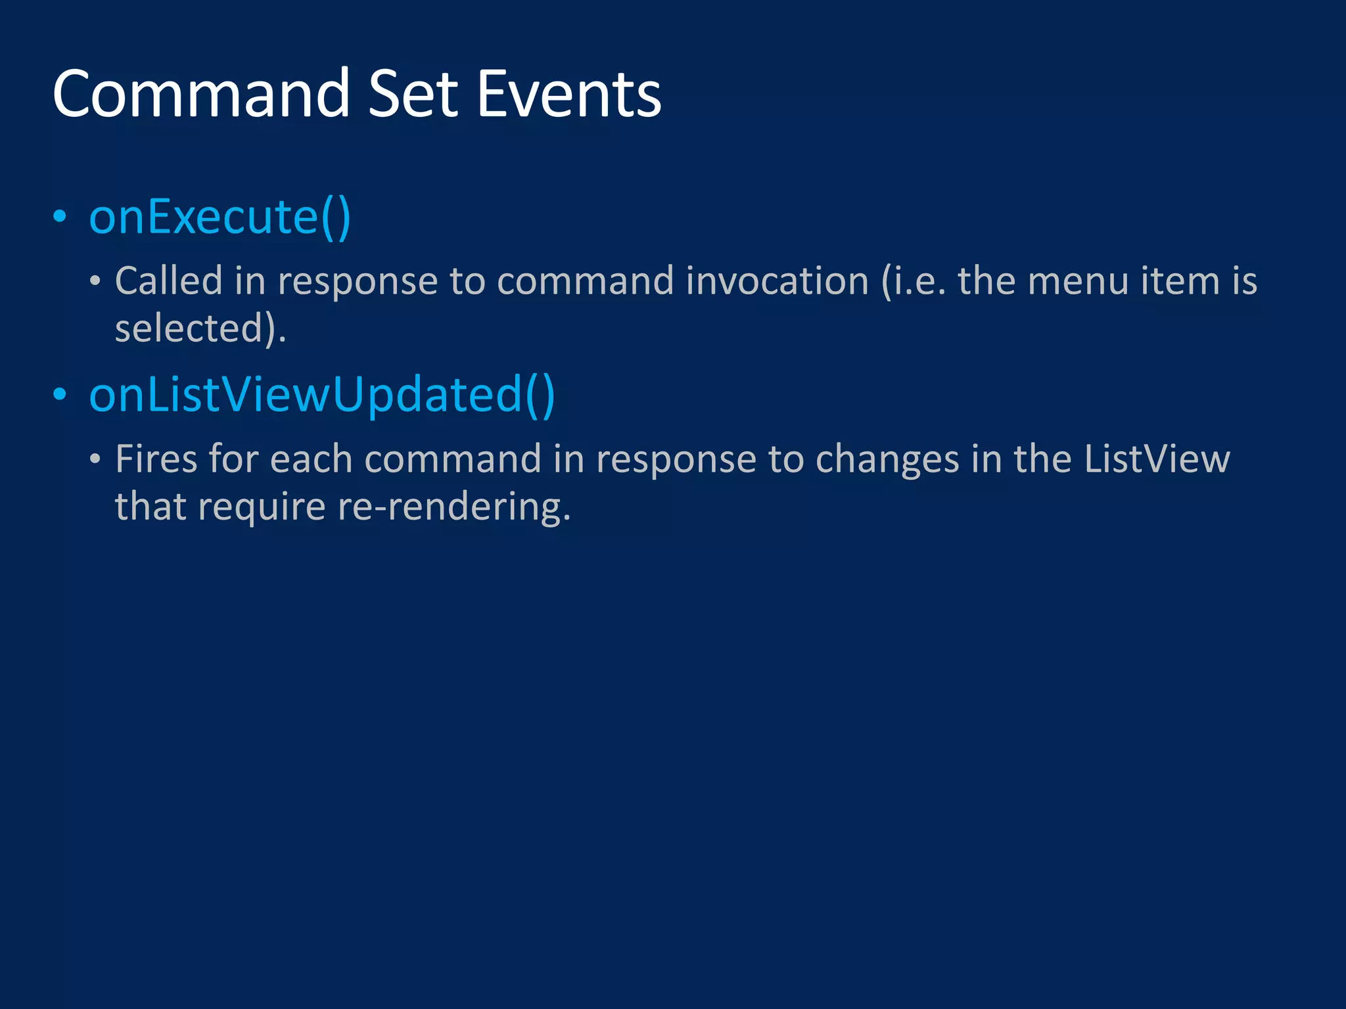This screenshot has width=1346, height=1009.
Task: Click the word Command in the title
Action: (201, 95)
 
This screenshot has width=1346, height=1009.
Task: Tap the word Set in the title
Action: (413, 95)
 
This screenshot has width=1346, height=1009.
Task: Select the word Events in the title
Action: (569, 95)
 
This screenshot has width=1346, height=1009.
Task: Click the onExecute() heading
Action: (220, 217)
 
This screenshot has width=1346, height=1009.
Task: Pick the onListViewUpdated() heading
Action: (322, 395)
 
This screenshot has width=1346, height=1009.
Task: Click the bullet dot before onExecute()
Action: (60, 217)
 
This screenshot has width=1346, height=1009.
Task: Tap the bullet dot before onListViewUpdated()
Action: (60, 395)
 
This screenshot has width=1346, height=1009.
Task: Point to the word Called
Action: (169, 281)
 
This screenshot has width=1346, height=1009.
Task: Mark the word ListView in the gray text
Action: (1157, 459)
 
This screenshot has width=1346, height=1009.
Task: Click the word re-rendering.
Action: (453, 507)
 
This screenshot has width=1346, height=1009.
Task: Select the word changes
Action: (887, 459)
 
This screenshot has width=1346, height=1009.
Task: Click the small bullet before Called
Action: (95, 282)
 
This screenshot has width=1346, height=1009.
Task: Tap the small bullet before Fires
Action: (95, 459)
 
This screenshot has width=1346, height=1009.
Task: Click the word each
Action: (311, 459)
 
